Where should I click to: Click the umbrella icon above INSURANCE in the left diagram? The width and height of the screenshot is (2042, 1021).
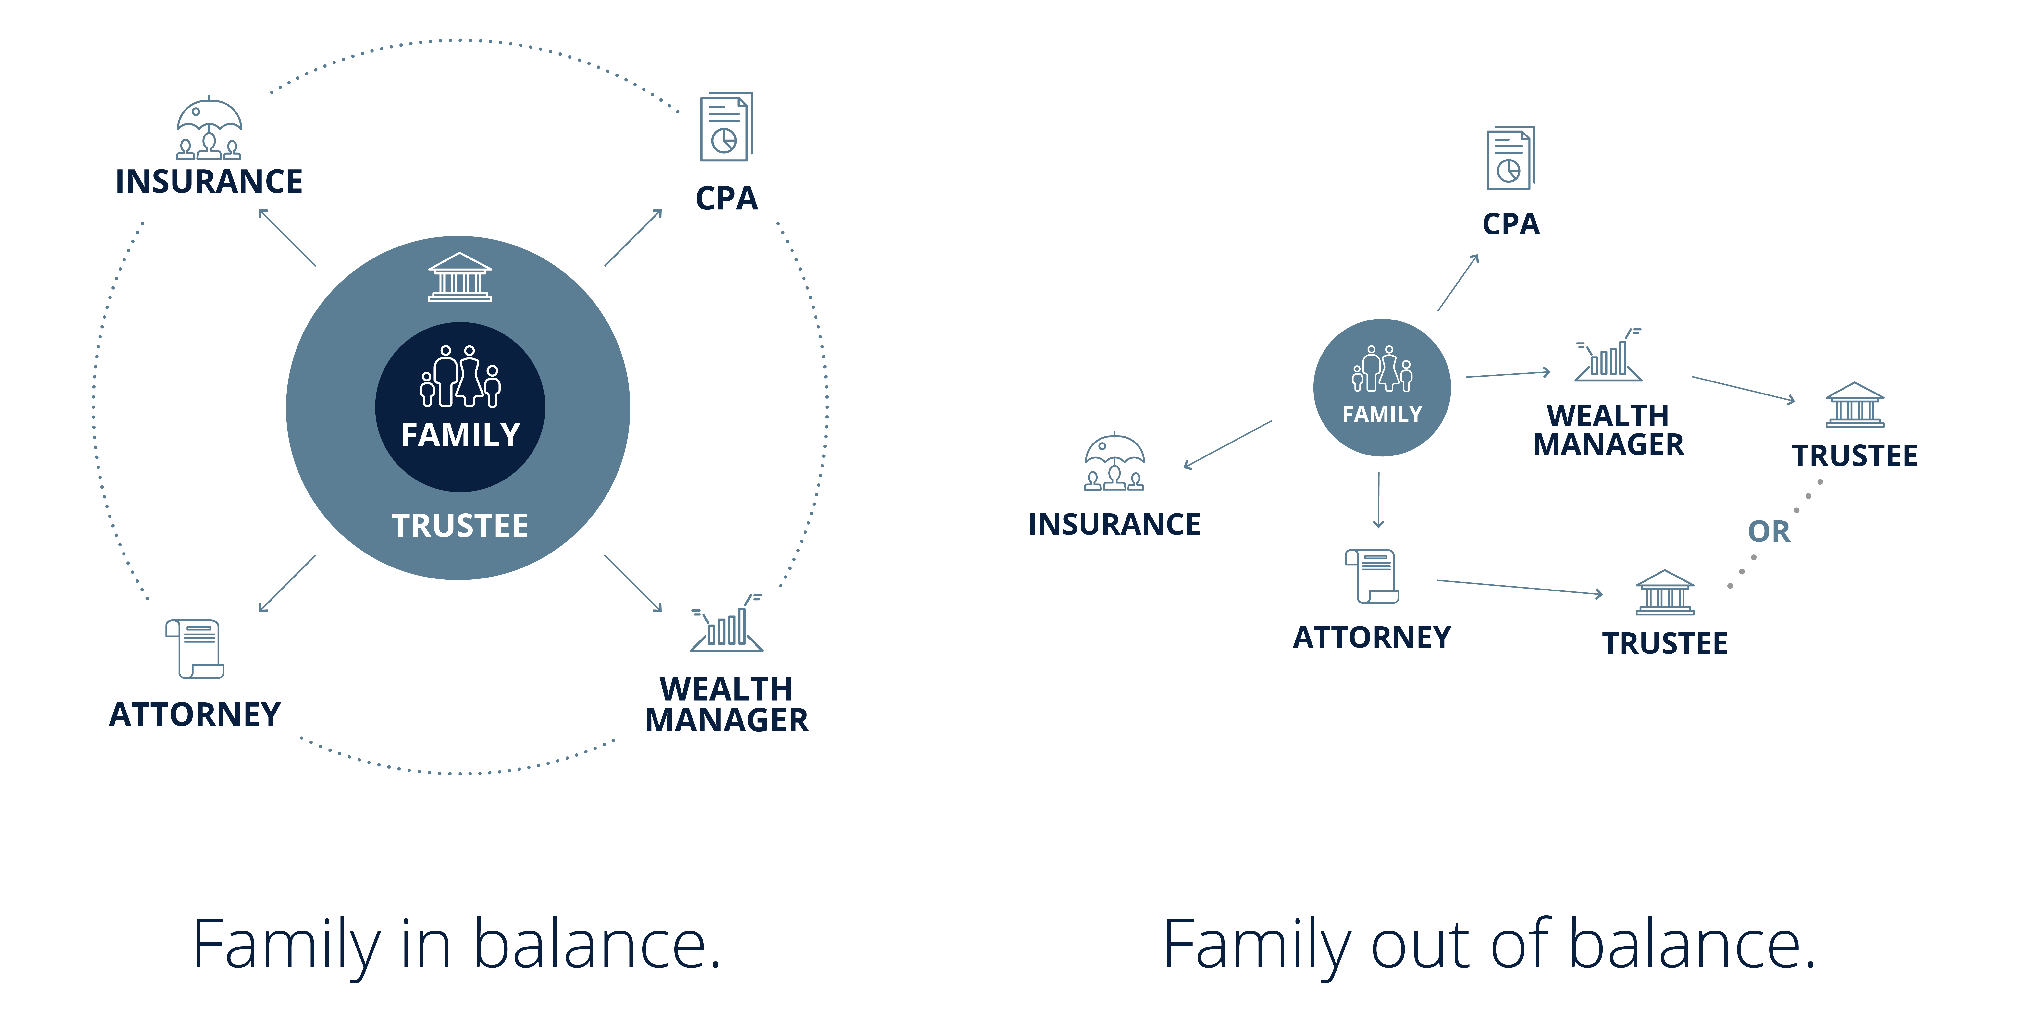click(x=209, y=128)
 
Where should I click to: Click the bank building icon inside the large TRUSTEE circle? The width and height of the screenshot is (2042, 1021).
click(x=460, y=277)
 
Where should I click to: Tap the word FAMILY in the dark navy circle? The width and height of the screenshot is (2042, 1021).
click(x=460, y=435)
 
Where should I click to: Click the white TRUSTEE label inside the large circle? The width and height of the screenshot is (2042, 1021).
click(x=460, y=526)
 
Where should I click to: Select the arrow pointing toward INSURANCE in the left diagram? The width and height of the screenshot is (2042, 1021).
click(x=287, y=237)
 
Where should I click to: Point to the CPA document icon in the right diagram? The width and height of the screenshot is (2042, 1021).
click(x=1510, y=158)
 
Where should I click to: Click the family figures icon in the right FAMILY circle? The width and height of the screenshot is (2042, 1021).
click(x=1382, y=369)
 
